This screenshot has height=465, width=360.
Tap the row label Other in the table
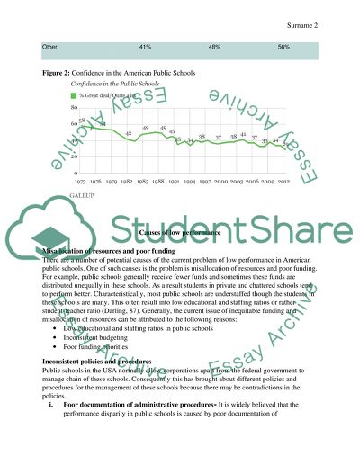tap(50, 46)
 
